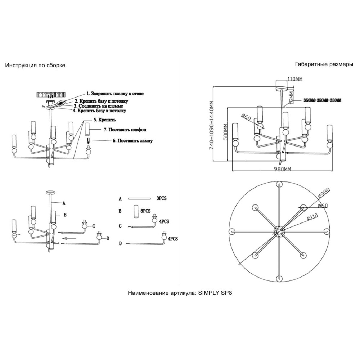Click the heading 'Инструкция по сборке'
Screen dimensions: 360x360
[x=35, y=66]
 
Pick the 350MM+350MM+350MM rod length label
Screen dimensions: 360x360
[x=322, y=100]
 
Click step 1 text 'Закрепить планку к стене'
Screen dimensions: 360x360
[x=112, y=94]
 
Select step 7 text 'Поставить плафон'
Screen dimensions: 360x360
[x=122, y=129]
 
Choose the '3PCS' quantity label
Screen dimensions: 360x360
[x=162, y=198]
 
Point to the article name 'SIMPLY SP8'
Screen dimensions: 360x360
[x=216, y=293]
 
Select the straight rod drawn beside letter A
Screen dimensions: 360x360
[x=139, y=198]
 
